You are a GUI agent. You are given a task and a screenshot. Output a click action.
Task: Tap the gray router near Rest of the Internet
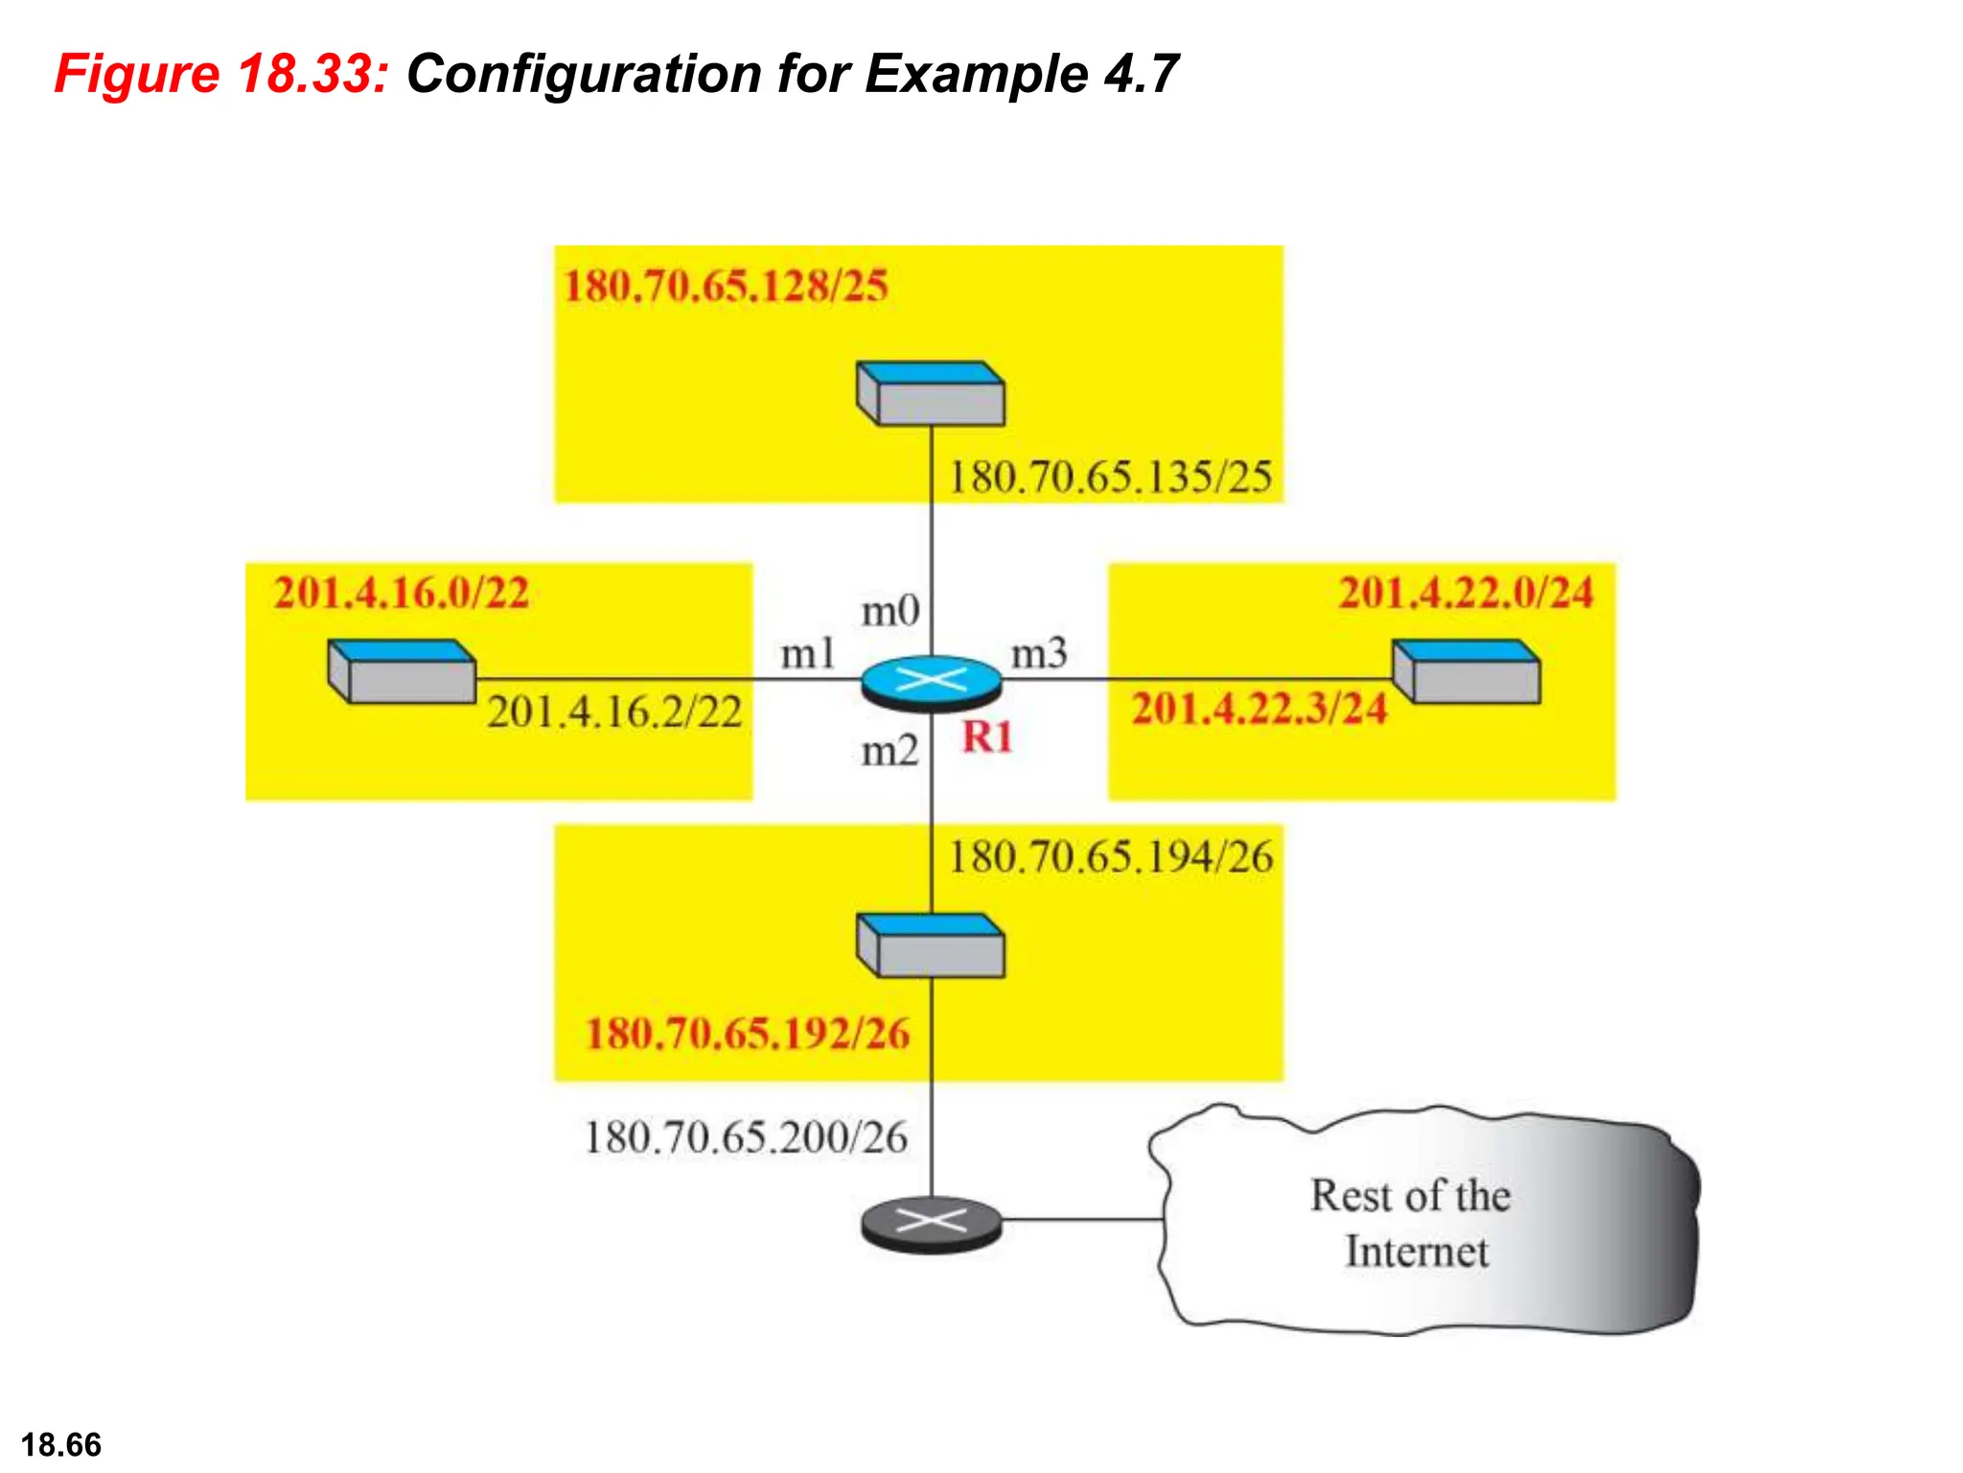click(931, 1223)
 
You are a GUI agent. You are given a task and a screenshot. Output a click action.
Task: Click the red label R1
click(987, 737)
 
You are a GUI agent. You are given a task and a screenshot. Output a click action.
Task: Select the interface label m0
click(890, 611)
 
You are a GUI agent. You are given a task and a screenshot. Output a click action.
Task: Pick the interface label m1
click(807, 654)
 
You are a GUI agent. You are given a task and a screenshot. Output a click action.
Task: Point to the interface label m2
click(889, 750)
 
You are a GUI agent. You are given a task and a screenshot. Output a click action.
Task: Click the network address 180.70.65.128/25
click(726, 286)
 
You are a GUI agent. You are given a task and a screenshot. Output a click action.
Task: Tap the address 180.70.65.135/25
click(1110, 477)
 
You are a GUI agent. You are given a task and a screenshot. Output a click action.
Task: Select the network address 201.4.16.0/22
click(402, 592)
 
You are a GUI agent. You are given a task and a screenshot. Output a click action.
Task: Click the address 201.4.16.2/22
click(614, 712)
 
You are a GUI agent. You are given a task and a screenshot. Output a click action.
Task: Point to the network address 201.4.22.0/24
click(1466, 592)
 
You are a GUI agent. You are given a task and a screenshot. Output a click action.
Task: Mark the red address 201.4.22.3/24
click(1259, 709)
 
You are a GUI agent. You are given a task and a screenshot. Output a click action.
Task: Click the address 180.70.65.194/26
click(1110, 856)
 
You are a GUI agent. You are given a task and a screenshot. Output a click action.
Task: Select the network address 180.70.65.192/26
click(748, 1034)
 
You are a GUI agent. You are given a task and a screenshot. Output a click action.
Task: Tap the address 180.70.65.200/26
click(746, 1137)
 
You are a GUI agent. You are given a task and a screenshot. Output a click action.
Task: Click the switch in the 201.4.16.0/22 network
click(402, 672)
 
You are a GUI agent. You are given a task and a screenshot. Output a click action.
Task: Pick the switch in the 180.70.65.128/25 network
click(931, 393)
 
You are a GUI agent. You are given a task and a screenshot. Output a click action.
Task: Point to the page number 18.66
click(61, 1444)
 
